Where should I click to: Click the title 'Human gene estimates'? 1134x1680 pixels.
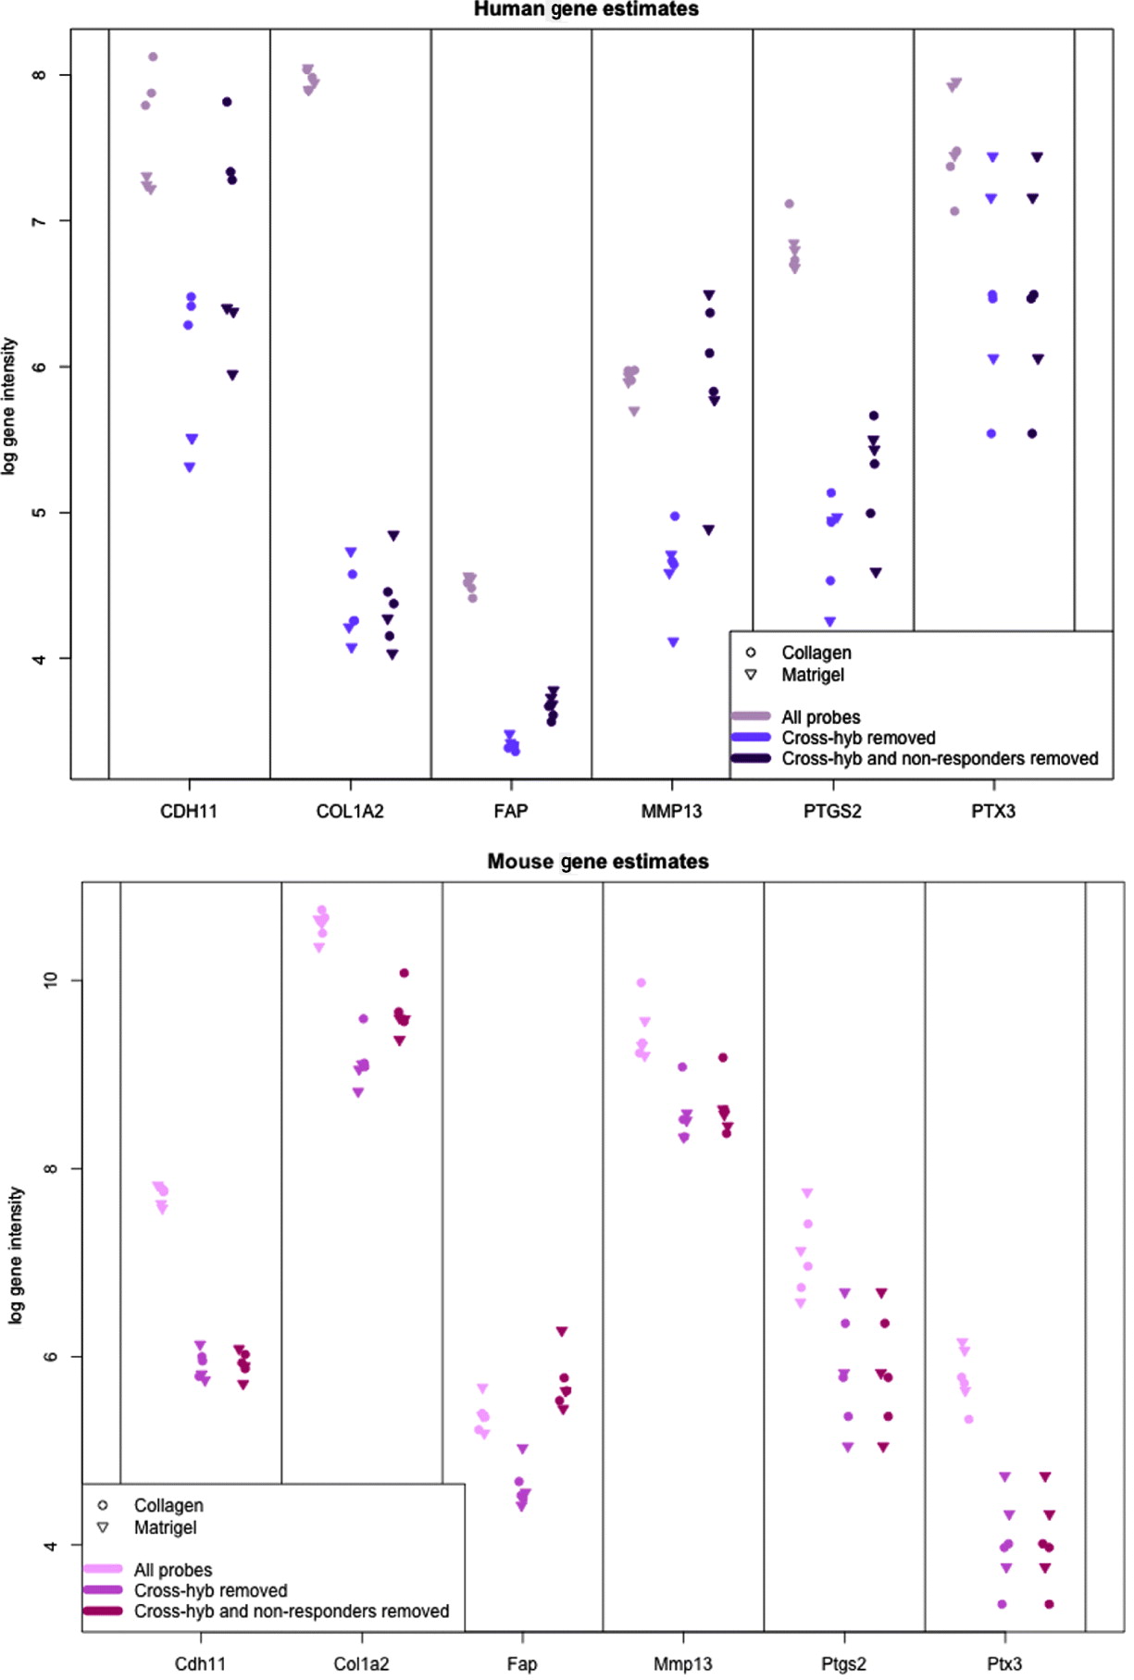tap(586, 9)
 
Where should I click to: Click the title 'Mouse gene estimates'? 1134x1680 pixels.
tap(598, 862)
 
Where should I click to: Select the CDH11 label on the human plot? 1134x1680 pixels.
tap(189, 812)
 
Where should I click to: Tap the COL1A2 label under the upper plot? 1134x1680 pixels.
tap(350, 812)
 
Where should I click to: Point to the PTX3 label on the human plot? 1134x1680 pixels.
tap(993, 812)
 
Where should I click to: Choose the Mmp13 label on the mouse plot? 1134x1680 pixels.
tap(683, 1664)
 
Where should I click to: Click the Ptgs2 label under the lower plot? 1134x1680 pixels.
tap(843, 1664)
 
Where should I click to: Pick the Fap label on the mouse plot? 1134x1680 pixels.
tap(522, 1664)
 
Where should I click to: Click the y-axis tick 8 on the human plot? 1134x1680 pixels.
tap(39, 75)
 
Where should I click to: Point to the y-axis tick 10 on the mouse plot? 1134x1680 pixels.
tap(50, 980)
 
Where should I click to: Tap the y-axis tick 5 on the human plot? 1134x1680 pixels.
tap(39, 513)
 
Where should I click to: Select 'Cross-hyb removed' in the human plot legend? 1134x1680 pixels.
tap(858, 738)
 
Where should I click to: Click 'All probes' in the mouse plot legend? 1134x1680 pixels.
tap(173, 1570)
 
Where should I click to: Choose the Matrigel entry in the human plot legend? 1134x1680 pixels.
tap(813, 675)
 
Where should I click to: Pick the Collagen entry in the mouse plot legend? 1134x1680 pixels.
tap(168, 1506)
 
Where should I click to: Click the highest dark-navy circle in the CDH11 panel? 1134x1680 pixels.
tap(227, 102)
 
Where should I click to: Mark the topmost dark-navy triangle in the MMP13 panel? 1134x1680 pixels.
tap(709, 295)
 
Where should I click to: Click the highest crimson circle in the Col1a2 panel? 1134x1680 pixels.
tap(404, 973)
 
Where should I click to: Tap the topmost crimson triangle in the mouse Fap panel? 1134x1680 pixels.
tap(562, 1331)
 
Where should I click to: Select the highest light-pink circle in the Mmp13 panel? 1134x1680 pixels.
tap(642, 983)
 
